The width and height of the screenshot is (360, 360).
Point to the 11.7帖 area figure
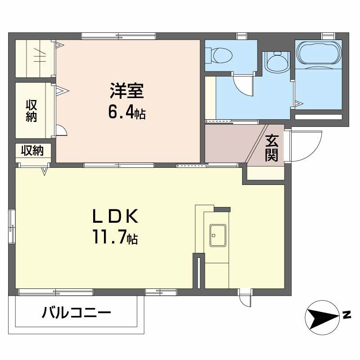point(115,237)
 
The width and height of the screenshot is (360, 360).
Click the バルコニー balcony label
point(76,312)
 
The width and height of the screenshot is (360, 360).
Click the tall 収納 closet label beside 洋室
point(31,111)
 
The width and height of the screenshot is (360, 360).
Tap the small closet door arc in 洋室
point(62,131)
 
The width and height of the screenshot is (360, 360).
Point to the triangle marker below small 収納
point(45,171)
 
